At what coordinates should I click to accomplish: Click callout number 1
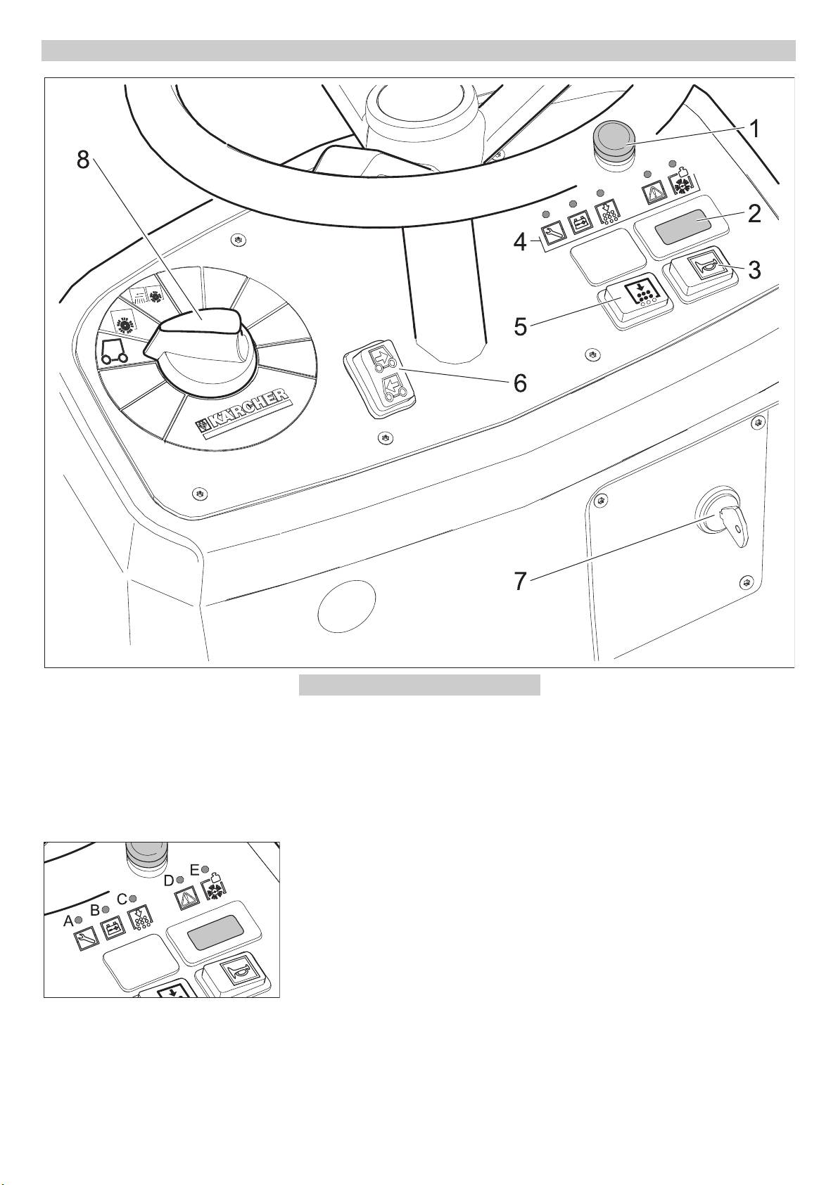(x=754, y=129)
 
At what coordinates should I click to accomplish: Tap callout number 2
(x=754, y=214)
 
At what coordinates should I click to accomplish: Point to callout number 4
(x=520, y=243)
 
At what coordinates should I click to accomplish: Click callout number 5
(x=520, y=327)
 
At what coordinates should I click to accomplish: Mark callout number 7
(x=520, y=582)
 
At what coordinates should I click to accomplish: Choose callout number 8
(x=84, y=160)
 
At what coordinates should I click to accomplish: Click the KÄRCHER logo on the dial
(x=243, y=414)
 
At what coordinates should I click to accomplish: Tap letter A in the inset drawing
(x=68, y=921)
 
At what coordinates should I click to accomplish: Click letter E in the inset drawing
(x=195, y=870)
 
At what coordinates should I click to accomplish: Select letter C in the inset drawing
(x=122, y=898)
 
